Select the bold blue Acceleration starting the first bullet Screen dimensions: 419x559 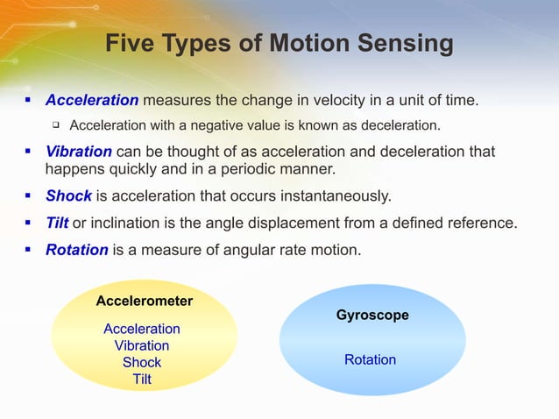pos(92,101)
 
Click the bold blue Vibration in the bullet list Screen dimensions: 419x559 pos(78,152)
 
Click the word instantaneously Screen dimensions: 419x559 pos(329,195)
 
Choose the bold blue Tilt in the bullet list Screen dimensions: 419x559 pos(57,223)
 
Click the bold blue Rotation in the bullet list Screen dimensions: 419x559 pos(77,250)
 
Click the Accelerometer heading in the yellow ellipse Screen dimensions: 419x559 pos(145,302)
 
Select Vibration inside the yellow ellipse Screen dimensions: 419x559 pos(142,345)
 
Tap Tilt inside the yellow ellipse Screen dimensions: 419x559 pos(142,379)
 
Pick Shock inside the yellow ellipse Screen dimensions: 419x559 pos(142,362)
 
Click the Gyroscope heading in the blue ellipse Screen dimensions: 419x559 pos(372,316)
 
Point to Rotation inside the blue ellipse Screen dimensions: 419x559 pos(370,360)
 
